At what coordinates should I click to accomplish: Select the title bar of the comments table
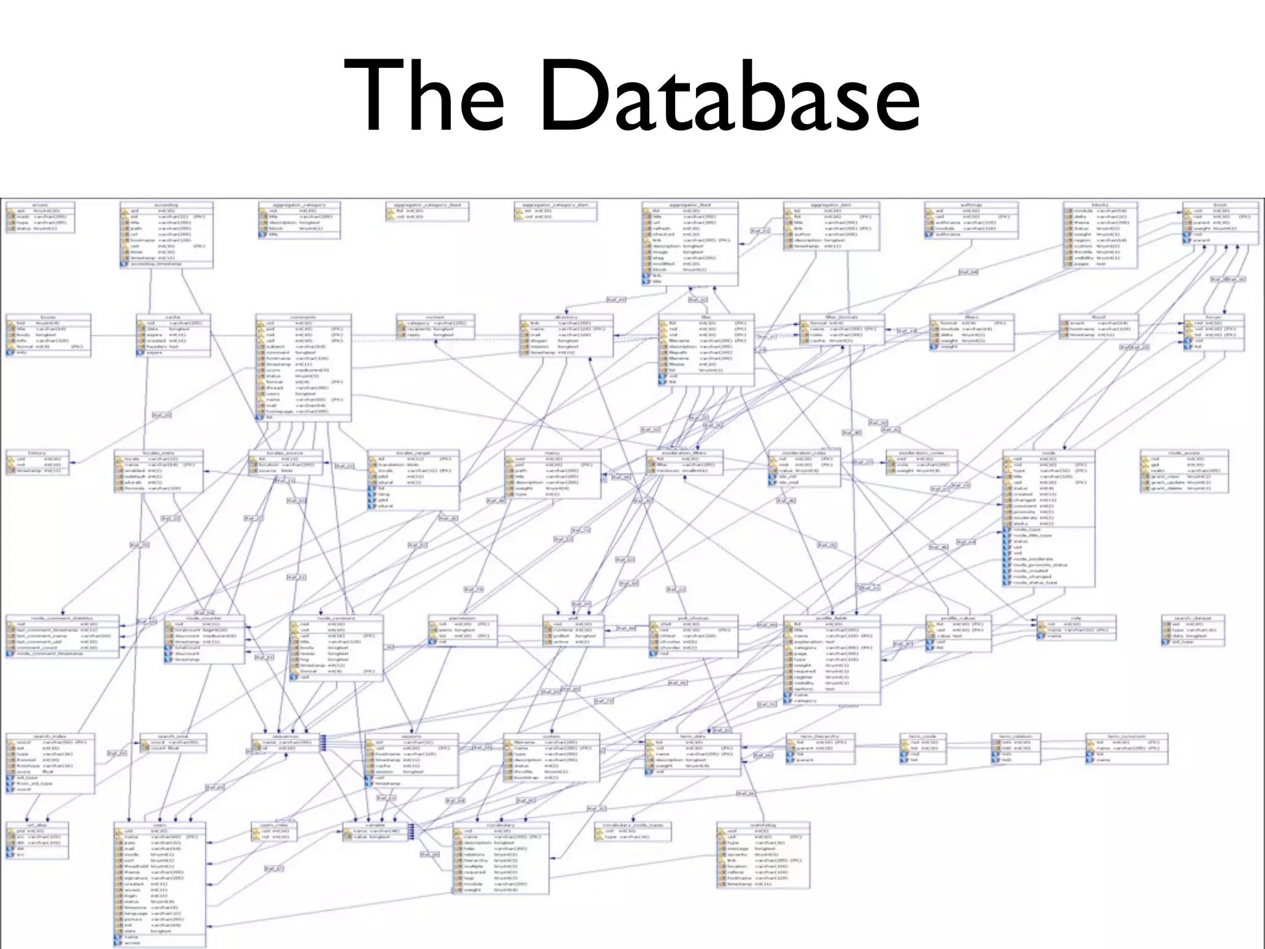point(303,317)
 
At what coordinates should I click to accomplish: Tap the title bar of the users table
point(159,825)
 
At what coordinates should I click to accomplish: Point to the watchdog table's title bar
point(763,825)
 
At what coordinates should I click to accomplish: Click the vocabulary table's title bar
point(500,825)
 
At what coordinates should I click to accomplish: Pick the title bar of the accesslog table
point(166,205)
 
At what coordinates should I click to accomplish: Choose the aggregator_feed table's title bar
point(689,205)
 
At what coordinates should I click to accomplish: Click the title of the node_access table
point(1183,453)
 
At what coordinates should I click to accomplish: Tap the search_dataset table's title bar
point(1192,618)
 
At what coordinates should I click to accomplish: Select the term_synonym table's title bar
point(1127,736)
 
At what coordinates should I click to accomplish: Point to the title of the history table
point(37,453)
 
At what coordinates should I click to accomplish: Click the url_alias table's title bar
point(37,825)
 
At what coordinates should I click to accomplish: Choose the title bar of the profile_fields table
point(831,618)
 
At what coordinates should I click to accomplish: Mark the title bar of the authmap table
point(971,205)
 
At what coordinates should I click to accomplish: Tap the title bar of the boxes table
point(48,317)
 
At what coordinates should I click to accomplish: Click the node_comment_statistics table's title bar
point(62,618)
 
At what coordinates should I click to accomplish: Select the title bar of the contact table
point(435,317)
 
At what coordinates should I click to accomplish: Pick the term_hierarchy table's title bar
point(820,736)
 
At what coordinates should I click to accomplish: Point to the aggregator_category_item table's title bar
point(555,205)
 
